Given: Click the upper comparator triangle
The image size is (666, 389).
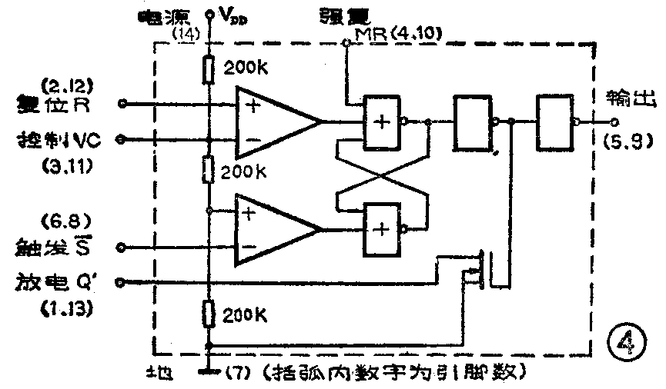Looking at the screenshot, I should click(273, 122).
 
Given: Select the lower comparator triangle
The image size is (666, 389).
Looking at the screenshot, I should click(273, 229).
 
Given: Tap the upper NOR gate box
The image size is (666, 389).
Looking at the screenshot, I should click(383, 121).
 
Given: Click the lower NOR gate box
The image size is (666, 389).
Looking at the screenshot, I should click(383, 227).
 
